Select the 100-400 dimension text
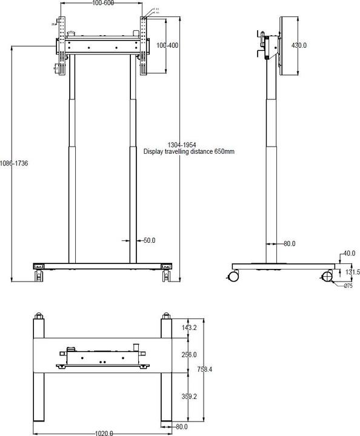pyautogui.click(x=167, y=45)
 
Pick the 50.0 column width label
pyautogui.click(x=149, y=240)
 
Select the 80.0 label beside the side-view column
pyautogui.click(x=289, y=244)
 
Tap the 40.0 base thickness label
pyautogui.click(x=349, y=254)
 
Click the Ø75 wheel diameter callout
pyautogui.click(x=348, y=286)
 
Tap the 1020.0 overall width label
pyautogui.click(x=103, y=432)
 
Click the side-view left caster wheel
pyautogui.click(x=232, y=277)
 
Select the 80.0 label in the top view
pyautogui.click(x=181, y=427)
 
